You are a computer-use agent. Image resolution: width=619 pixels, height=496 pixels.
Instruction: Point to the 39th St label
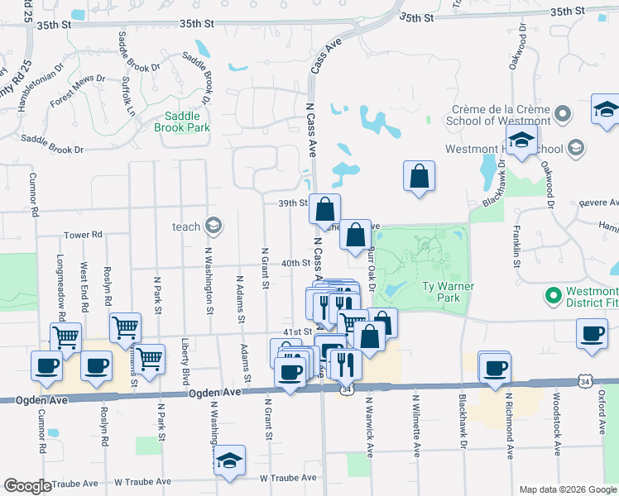point(294,203)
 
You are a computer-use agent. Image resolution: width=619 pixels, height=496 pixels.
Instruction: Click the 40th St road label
point(295,263)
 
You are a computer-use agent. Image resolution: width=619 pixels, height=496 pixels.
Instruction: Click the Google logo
point(27,486)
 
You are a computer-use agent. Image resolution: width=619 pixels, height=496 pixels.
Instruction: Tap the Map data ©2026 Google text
point(567,489)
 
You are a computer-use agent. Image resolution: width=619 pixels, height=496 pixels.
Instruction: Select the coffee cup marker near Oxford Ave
point(593,333)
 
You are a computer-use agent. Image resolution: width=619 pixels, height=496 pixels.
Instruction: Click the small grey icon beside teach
point(214,226)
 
